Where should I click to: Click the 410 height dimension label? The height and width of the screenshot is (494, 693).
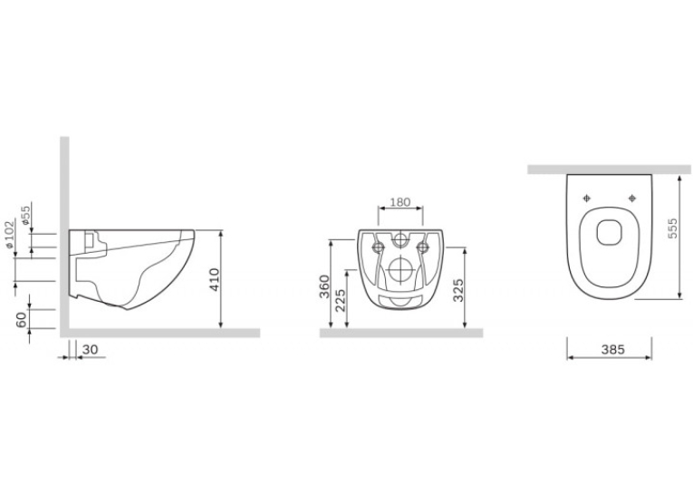215,279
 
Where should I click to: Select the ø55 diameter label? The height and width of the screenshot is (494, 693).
25,215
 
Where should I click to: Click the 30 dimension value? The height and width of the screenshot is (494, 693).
91,349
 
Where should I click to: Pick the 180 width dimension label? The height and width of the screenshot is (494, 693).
400,202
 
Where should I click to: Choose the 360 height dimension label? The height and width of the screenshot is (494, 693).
325,286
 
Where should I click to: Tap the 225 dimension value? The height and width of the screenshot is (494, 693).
340,300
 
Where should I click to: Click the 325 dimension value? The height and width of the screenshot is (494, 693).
458,290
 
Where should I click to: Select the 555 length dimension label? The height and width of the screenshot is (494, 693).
672,228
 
